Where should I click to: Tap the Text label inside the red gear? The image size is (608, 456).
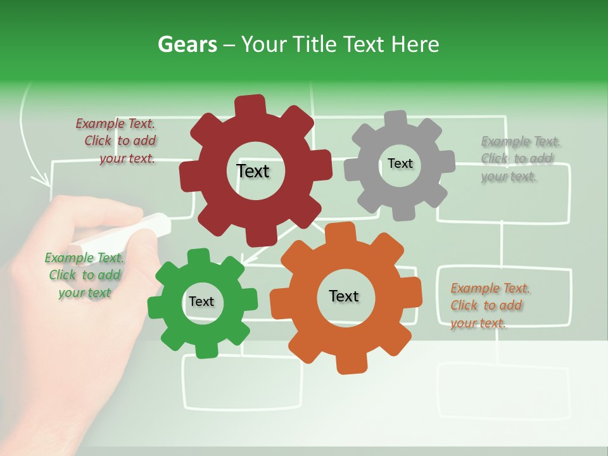click(x=253, y=171)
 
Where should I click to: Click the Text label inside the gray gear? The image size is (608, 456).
click(x=400, y=163)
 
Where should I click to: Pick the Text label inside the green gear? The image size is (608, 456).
click(x=201, y=301)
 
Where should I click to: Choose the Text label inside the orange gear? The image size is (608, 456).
click(x=344, y=296)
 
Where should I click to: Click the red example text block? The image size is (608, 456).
click(x=117, y=141)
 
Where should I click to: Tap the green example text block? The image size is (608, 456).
click(x=85, y=275)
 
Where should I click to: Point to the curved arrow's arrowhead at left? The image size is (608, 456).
click(x=44, y=180)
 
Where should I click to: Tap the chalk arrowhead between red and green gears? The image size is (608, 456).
click(x=243, y=260)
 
